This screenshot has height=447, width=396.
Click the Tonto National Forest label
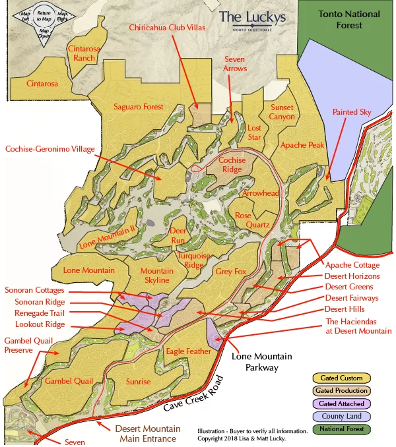pos(348,19)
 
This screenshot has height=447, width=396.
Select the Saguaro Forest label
pos(138,106)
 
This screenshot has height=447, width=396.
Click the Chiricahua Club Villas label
pos(168,28)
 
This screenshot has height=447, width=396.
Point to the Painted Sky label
pos(352,112)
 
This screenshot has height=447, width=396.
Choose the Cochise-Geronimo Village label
pos(49,148)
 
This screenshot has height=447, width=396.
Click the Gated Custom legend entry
pos(341,378)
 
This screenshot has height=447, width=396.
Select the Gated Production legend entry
pos(341,391)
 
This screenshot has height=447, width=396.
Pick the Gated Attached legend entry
pos(341,403)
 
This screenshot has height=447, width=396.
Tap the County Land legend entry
pos(341,417)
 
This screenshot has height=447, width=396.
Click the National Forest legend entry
pos(341,430)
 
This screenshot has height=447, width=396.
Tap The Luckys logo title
pos(253,16)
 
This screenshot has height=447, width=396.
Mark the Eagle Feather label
pos(188,351)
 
